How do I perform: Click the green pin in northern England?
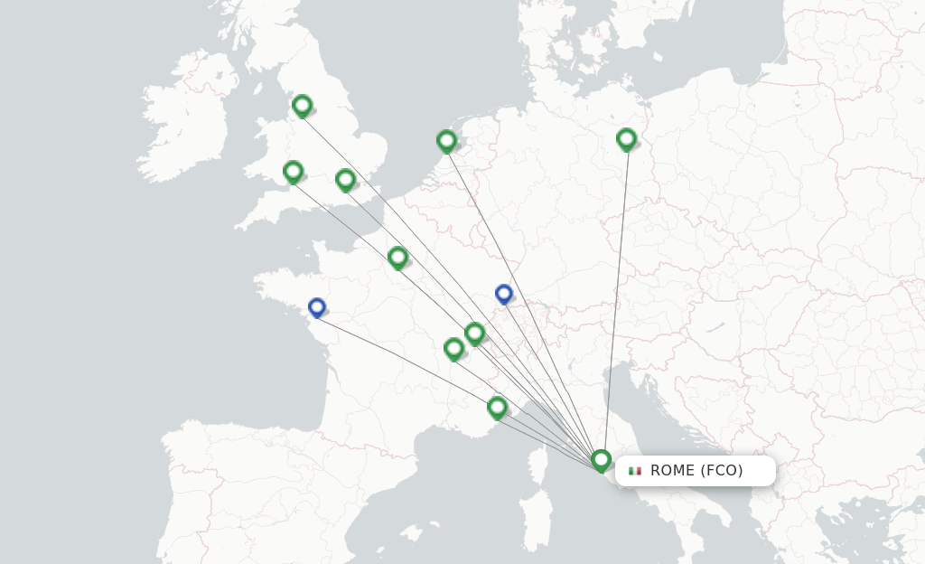(302, 106)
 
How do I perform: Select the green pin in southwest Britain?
(293, 171)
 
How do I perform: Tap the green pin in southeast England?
(345, 180)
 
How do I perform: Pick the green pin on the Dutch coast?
(446, 140)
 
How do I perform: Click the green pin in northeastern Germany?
(626, 138)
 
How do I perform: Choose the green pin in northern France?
(397, 258)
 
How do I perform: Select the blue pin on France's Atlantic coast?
(316, 307)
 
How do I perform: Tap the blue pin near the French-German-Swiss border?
(504, 294)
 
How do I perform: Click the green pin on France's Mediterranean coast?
(497, 407)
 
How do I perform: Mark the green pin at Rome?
(601, 460)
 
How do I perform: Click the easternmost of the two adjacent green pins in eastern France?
(474, 334)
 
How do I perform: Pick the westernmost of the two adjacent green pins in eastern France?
(453, 348)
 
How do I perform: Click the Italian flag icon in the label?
(635, 471)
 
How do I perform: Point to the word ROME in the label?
(673, 471)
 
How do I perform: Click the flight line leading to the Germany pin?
(616, 298)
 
